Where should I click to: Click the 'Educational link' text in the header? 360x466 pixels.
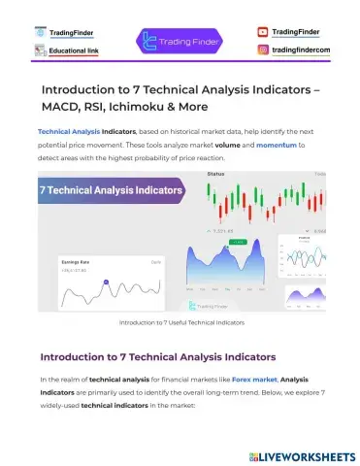[x=75, y=50]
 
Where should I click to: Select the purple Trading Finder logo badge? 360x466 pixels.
[x=180, y=41]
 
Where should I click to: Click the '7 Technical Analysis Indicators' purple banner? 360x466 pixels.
[x=110, y=191]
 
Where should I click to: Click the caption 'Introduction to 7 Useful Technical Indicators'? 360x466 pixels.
[x=180, y=321]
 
